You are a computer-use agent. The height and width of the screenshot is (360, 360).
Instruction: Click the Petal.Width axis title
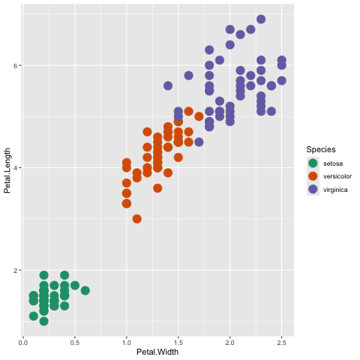(x=157, y=352)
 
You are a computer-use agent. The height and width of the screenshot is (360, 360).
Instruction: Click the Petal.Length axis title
(x=7, y=170)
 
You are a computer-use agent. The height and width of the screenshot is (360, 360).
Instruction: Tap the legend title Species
(x=321, y=149)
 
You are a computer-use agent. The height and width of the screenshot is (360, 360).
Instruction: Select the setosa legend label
(x=333, y=163)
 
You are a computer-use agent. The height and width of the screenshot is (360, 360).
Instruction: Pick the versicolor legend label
(x=337, y=176)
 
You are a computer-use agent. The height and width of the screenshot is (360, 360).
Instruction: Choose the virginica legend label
(x=335, y=190)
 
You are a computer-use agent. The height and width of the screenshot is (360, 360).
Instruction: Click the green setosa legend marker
(x=313, y=163)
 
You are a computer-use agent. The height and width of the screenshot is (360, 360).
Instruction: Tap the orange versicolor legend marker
(x=313, y=176)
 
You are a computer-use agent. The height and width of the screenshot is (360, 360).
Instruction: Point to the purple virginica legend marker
(x=313, y=189)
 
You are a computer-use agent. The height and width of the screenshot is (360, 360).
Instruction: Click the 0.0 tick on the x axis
(x=23, y=343)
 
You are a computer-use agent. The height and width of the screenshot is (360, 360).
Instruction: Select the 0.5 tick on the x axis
(x=75, y=343)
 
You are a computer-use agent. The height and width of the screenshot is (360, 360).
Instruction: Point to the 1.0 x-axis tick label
(x=127, y=343)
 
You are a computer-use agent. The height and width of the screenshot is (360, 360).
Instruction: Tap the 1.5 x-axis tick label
(x=178, y=343)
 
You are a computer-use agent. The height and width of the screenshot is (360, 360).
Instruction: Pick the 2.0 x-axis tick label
(x=229, y=343)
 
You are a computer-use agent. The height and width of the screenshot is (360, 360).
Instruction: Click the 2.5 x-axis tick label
(x=281, y=343)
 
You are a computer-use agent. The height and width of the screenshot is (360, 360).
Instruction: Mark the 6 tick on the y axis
(x=16, y=65)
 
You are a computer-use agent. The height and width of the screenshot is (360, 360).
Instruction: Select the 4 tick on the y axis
(x=16, y=168)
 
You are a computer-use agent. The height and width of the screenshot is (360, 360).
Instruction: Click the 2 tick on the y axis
(x=16, y=270)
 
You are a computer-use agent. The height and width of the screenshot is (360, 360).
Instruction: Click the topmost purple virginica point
(x=261, y=19)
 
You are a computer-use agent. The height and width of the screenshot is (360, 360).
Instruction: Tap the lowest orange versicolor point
(x=137, y=219)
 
